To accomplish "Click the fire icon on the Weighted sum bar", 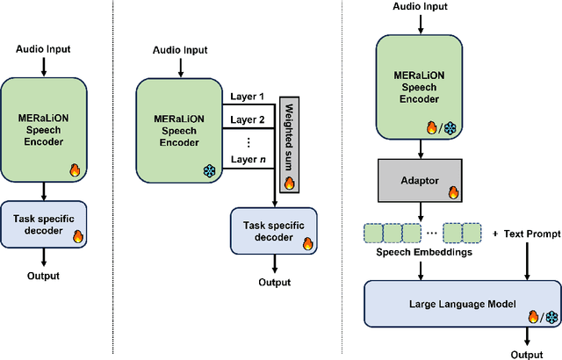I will (x=289, y=184).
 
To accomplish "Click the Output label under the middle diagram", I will (x=274, y=282).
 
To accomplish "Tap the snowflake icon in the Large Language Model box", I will (x=551, y=317).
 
